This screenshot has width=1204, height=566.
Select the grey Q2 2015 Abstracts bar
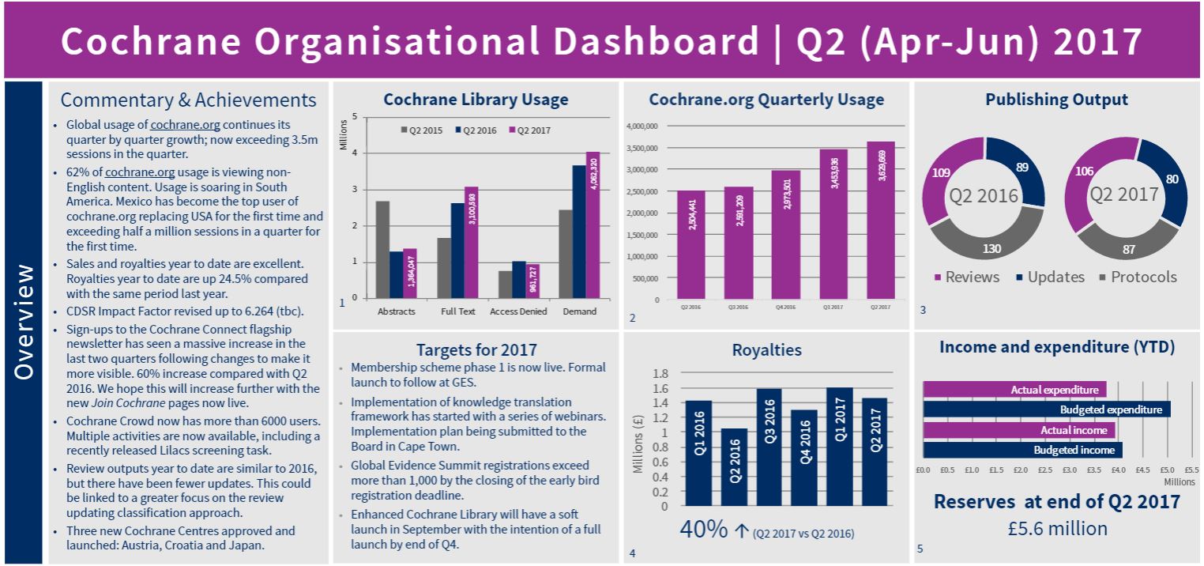click(382, 249)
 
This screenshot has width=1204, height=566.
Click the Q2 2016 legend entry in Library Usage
click(475, 130)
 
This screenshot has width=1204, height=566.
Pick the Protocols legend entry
click(1138, 277)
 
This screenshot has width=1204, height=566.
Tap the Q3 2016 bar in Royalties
click(769, 447)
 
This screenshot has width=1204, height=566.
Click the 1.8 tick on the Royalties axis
click(659, 373)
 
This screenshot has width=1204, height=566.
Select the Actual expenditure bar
click(1014, 390)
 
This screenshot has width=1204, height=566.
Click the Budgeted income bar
click(1022, 450)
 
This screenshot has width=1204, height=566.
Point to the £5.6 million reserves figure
click(1056, 528)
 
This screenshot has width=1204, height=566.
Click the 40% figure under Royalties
click(703, 529)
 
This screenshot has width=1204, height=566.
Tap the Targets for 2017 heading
click(476, 349)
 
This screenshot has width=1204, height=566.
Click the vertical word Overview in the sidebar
click(24, 322)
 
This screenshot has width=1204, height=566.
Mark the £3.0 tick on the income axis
click(1070, 470)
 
